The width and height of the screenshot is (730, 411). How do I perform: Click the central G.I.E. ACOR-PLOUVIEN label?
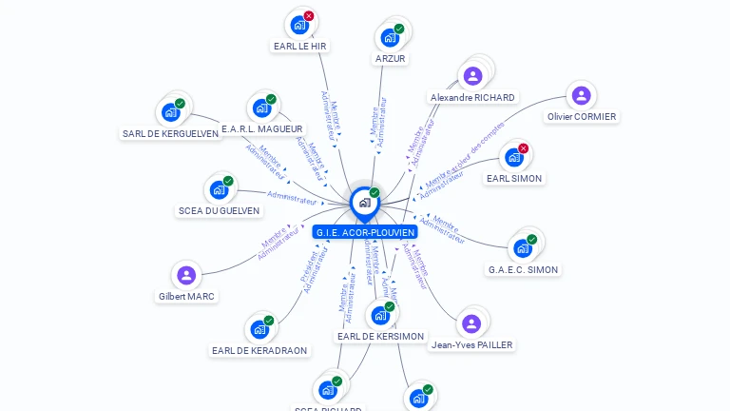click(x=365, y=232)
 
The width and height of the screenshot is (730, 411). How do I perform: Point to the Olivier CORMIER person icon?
click(x=581, y=95)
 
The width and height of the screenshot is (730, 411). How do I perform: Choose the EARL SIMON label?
click(x=514, y=178)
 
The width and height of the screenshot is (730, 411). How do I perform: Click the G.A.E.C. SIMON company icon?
click(x=523, y=248)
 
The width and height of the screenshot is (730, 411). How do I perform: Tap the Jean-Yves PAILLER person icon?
click(x=471, y=323)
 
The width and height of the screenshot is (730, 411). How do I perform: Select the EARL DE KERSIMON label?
click(x=380, y=337)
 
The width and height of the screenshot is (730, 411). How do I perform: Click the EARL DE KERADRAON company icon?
click(x=259, y=330)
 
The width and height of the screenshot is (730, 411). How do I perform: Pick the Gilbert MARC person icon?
click(x=186, y=276)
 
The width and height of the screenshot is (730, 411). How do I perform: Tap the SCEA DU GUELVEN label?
click(x=219, y=211)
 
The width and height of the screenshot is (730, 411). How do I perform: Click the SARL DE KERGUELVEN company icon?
click(x=170, y=112)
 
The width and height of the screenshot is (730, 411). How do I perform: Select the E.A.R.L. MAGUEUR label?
click(x=261, y=128)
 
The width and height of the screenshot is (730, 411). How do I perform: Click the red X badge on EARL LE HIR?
click(x=309, y=15)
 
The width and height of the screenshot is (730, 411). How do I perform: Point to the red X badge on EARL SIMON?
click(x=524, y=147)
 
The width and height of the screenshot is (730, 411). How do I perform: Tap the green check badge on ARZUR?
click(x=399, y=29)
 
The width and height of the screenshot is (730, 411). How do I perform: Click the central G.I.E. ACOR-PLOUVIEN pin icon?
click(x=364, y=202)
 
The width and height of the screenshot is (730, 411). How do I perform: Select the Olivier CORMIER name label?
click(x=582, y=117)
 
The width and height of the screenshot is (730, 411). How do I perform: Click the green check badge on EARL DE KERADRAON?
click(x=269, y=321)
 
